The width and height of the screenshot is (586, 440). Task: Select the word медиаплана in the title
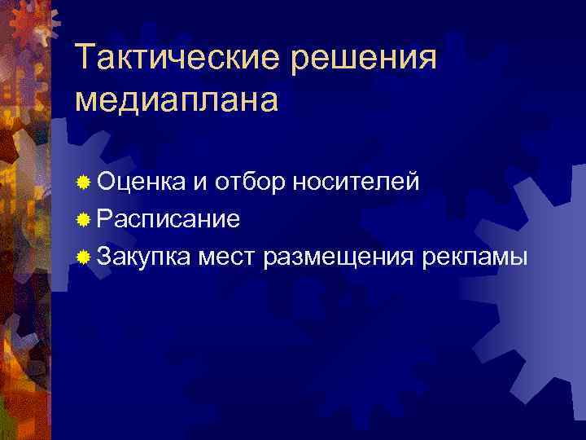tap(176, 100)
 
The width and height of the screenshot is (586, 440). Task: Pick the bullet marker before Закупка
tap(83, 257)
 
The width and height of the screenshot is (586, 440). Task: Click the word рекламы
tap(476, 257)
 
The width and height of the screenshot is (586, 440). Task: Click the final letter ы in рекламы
tap(519, 258)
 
